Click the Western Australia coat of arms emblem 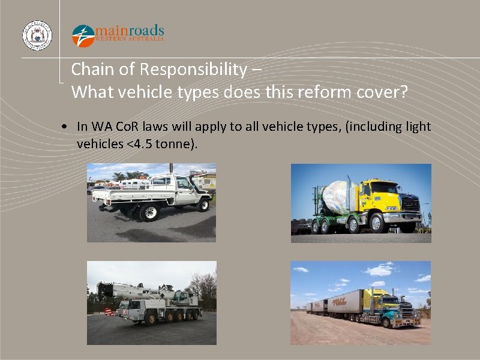(37, 35)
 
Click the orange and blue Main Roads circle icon (83, 35)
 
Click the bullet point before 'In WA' (63, 127)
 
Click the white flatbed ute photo (151, 203)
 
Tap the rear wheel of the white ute (148, 212)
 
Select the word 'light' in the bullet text (417, 127)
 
